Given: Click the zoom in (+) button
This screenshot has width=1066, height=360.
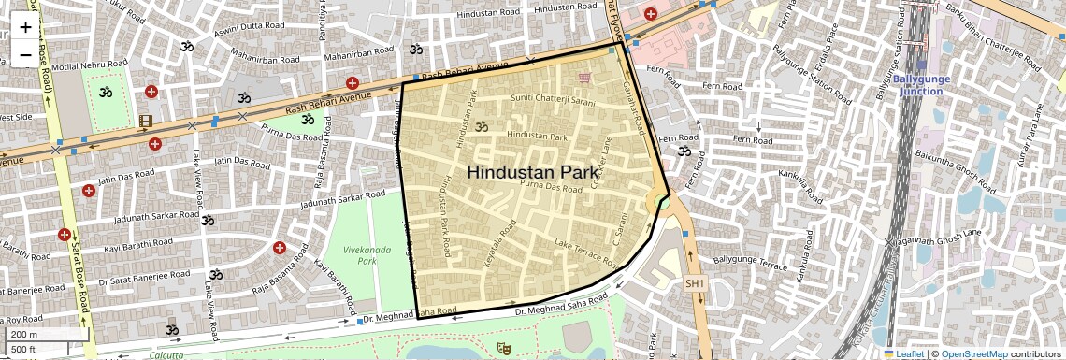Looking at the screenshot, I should [x=25, y=27].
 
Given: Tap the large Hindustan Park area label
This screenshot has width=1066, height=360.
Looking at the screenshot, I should [x=531, y=172].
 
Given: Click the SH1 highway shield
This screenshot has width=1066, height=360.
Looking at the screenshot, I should [x=694, y=283].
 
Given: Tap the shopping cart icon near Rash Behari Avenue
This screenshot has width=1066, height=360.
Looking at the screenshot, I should [x=585, y=78].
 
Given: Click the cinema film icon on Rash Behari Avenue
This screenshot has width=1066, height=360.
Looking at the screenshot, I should [x=146, y=121].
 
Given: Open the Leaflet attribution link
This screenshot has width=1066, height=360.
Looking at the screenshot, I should [x=905, y=353].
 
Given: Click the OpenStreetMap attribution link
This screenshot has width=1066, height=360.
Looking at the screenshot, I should [x=974, y=353].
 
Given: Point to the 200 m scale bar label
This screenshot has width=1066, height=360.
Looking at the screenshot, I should [x=25, y=334].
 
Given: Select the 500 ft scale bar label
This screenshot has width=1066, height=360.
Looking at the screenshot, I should [x=24, y=349].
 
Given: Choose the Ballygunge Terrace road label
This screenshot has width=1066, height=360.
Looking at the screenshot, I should [x=750, y=263].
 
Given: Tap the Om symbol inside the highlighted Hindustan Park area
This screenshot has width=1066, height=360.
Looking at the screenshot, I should [x=482, y=126].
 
